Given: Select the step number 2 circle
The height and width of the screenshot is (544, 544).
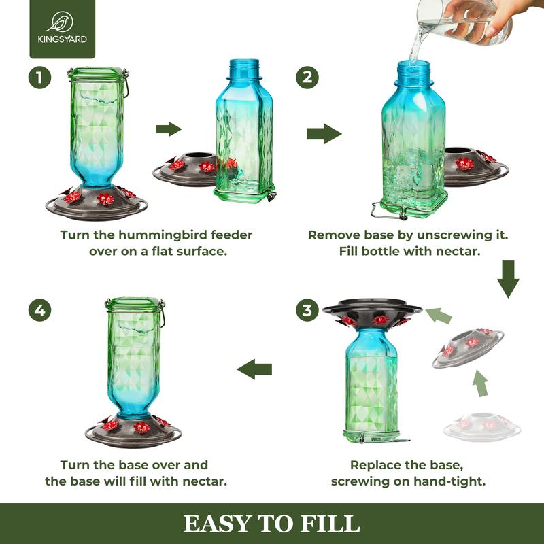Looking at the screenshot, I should [x=307, y=78].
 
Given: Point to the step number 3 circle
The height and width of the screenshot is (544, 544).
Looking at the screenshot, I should [x=308, y=311].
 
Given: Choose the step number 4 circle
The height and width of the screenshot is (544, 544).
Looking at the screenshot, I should [x=40, y=311].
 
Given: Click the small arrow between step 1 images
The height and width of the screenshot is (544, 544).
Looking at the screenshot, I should [x=169, y=129].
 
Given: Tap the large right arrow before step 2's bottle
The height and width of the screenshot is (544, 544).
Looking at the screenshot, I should [x=324, y=133].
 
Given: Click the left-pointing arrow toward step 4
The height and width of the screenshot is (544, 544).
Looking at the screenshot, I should [x=254, y=369].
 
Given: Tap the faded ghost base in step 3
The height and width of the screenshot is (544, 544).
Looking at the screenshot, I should [x=482, y=426].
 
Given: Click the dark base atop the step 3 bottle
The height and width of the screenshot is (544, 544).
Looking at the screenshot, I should [x=373, y=309].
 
